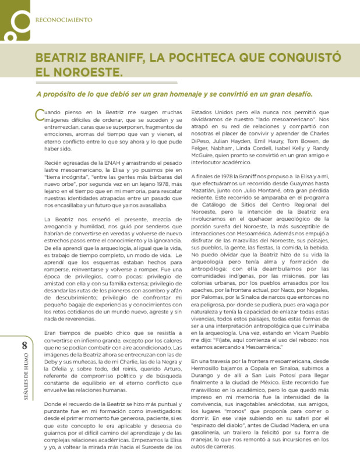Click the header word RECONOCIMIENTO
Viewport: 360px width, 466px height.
[x=64, y=19]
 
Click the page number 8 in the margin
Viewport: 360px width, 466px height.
[x=24, y=346]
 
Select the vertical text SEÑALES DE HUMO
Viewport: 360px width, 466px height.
[x=24, y=379]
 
